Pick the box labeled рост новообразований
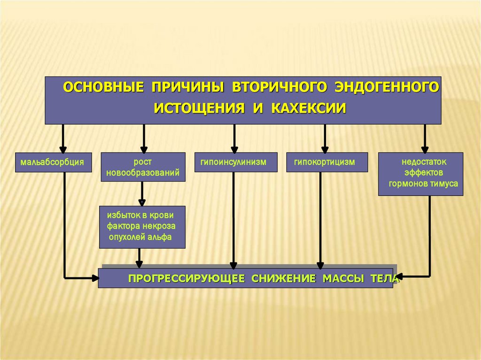143,167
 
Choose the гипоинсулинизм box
233,162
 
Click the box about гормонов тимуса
421,174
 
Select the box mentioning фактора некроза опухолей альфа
142,227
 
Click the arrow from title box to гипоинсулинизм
234,138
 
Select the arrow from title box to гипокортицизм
324,138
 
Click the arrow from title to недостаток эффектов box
425,138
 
